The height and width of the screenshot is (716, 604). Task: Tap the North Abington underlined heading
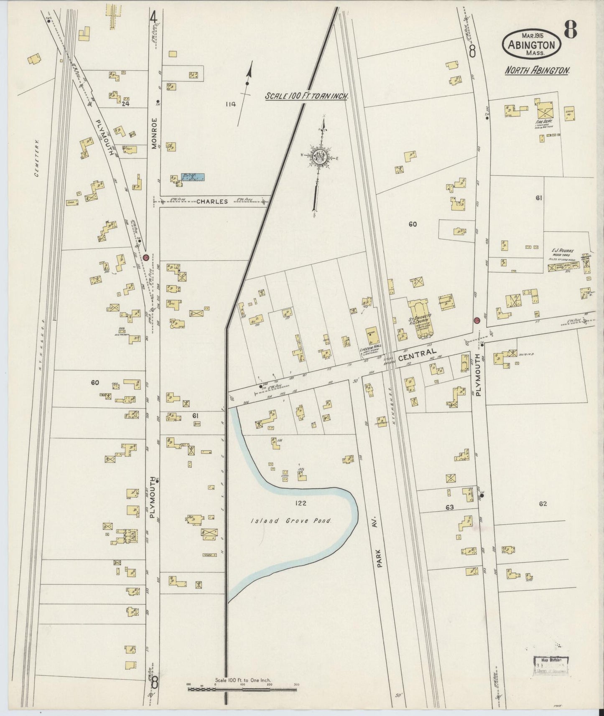pos(537,70)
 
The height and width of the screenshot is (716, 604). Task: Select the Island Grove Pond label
pos(291,521)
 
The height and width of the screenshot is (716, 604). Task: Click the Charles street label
pos(212,201)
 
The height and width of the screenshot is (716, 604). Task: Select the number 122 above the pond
pos(300,503)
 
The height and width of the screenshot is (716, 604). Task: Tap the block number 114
pos(230,104)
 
